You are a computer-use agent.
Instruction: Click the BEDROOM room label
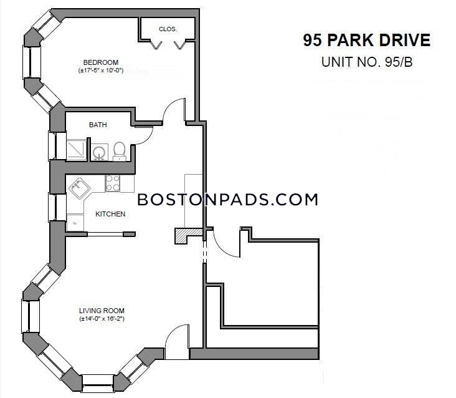point(101,62)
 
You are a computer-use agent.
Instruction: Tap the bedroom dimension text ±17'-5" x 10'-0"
point(101,70)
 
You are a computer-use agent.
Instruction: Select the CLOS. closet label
point(168,29)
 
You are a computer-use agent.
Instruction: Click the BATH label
point(98,125)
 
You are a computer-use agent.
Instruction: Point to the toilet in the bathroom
point(119,152)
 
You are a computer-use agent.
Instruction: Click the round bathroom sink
point(100,153)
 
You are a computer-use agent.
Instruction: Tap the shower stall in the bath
point(77,150)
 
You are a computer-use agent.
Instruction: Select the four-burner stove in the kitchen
point(113,183)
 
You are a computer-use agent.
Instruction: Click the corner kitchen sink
point(79,188)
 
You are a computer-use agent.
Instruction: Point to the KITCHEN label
point(110,214)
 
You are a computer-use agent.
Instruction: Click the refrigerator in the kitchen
point(75,223)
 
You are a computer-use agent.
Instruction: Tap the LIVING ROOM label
point(102,311)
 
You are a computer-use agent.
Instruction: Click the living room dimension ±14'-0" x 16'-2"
point(102,319)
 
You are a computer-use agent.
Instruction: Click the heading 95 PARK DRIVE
point(367,40)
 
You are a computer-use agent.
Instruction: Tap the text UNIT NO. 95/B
point(367,62)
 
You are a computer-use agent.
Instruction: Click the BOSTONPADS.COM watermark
point(228,200)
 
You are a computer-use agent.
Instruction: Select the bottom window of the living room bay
point(97,384)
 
